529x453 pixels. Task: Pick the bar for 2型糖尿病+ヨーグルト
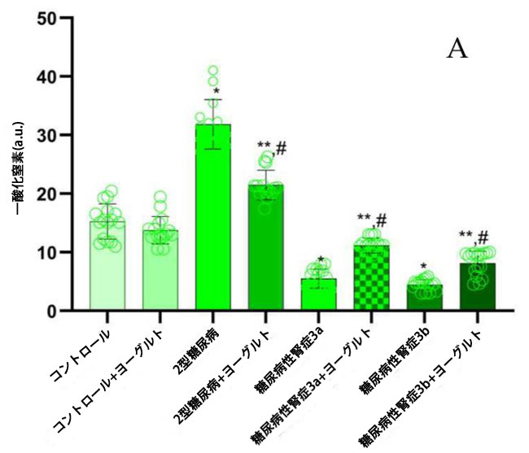(266, 248)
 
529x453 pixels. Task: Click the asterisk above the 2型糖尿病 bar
(216, 91)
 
